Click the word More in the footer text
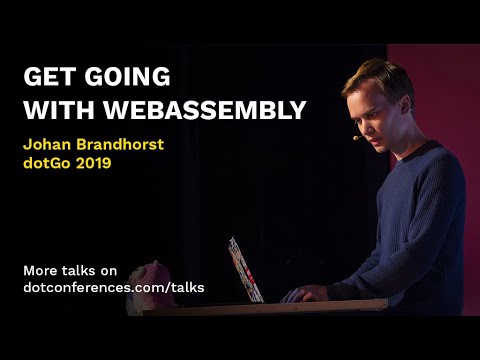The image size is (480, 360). [42, 269]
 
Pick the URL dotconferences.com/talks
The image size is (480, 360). [113, 287]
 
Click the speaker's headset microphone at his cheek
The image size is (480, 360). [358, 137]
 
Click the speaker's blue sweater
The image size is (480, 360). [410, 230]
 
